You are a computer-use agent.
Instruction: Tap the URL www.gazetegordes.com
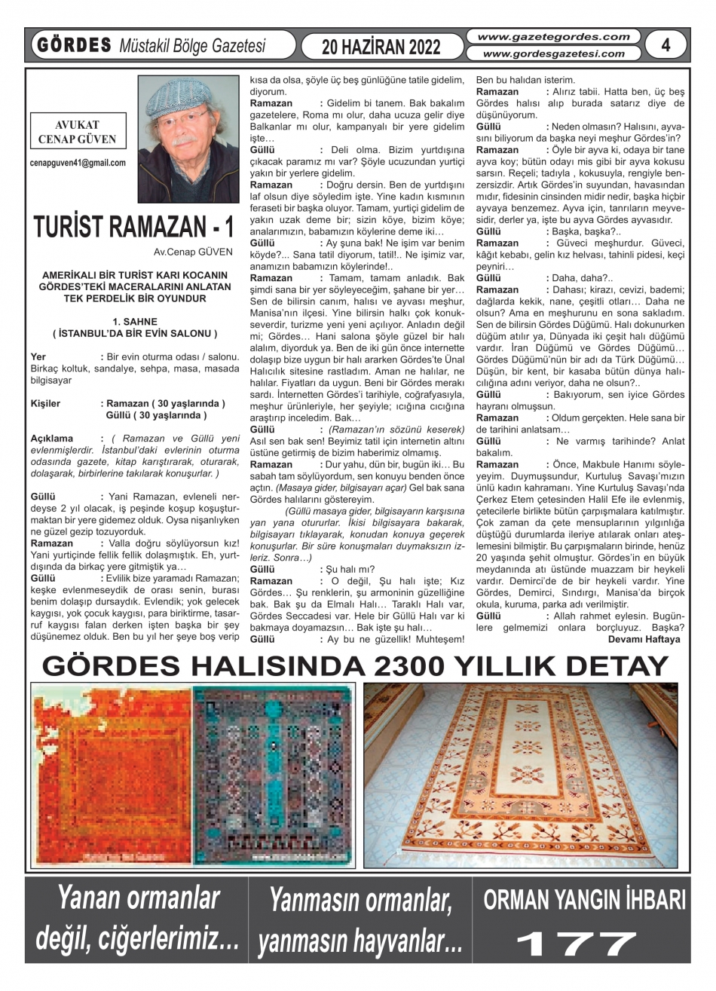(x=553, y=36)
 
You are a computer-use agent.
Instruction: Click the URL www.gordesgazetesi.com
(x=553, y=54)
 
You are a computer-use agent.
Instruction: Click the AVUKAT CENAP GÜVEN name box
(x=77, y=132)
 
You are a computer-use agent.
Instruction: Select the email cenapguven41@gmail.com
(x=78, y=162)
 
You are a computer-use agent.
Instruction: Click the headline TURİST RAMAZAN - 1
(x=133, y=228)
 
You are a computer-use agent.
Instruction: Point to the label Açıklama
(x=52, y=438)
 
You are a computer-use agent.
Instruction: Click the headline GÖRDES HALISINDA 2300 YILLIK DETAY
(x=356, y=666)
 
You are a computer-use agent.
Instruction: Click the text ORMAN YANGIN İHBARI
(x=584, y=901)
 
